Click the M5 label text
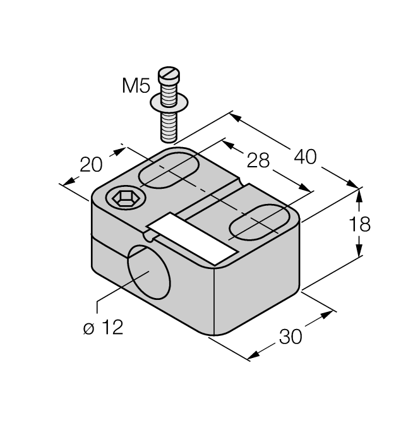pos(135,86)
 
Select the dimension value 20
pos(92,166)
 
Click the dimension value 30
pos(290,337)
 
